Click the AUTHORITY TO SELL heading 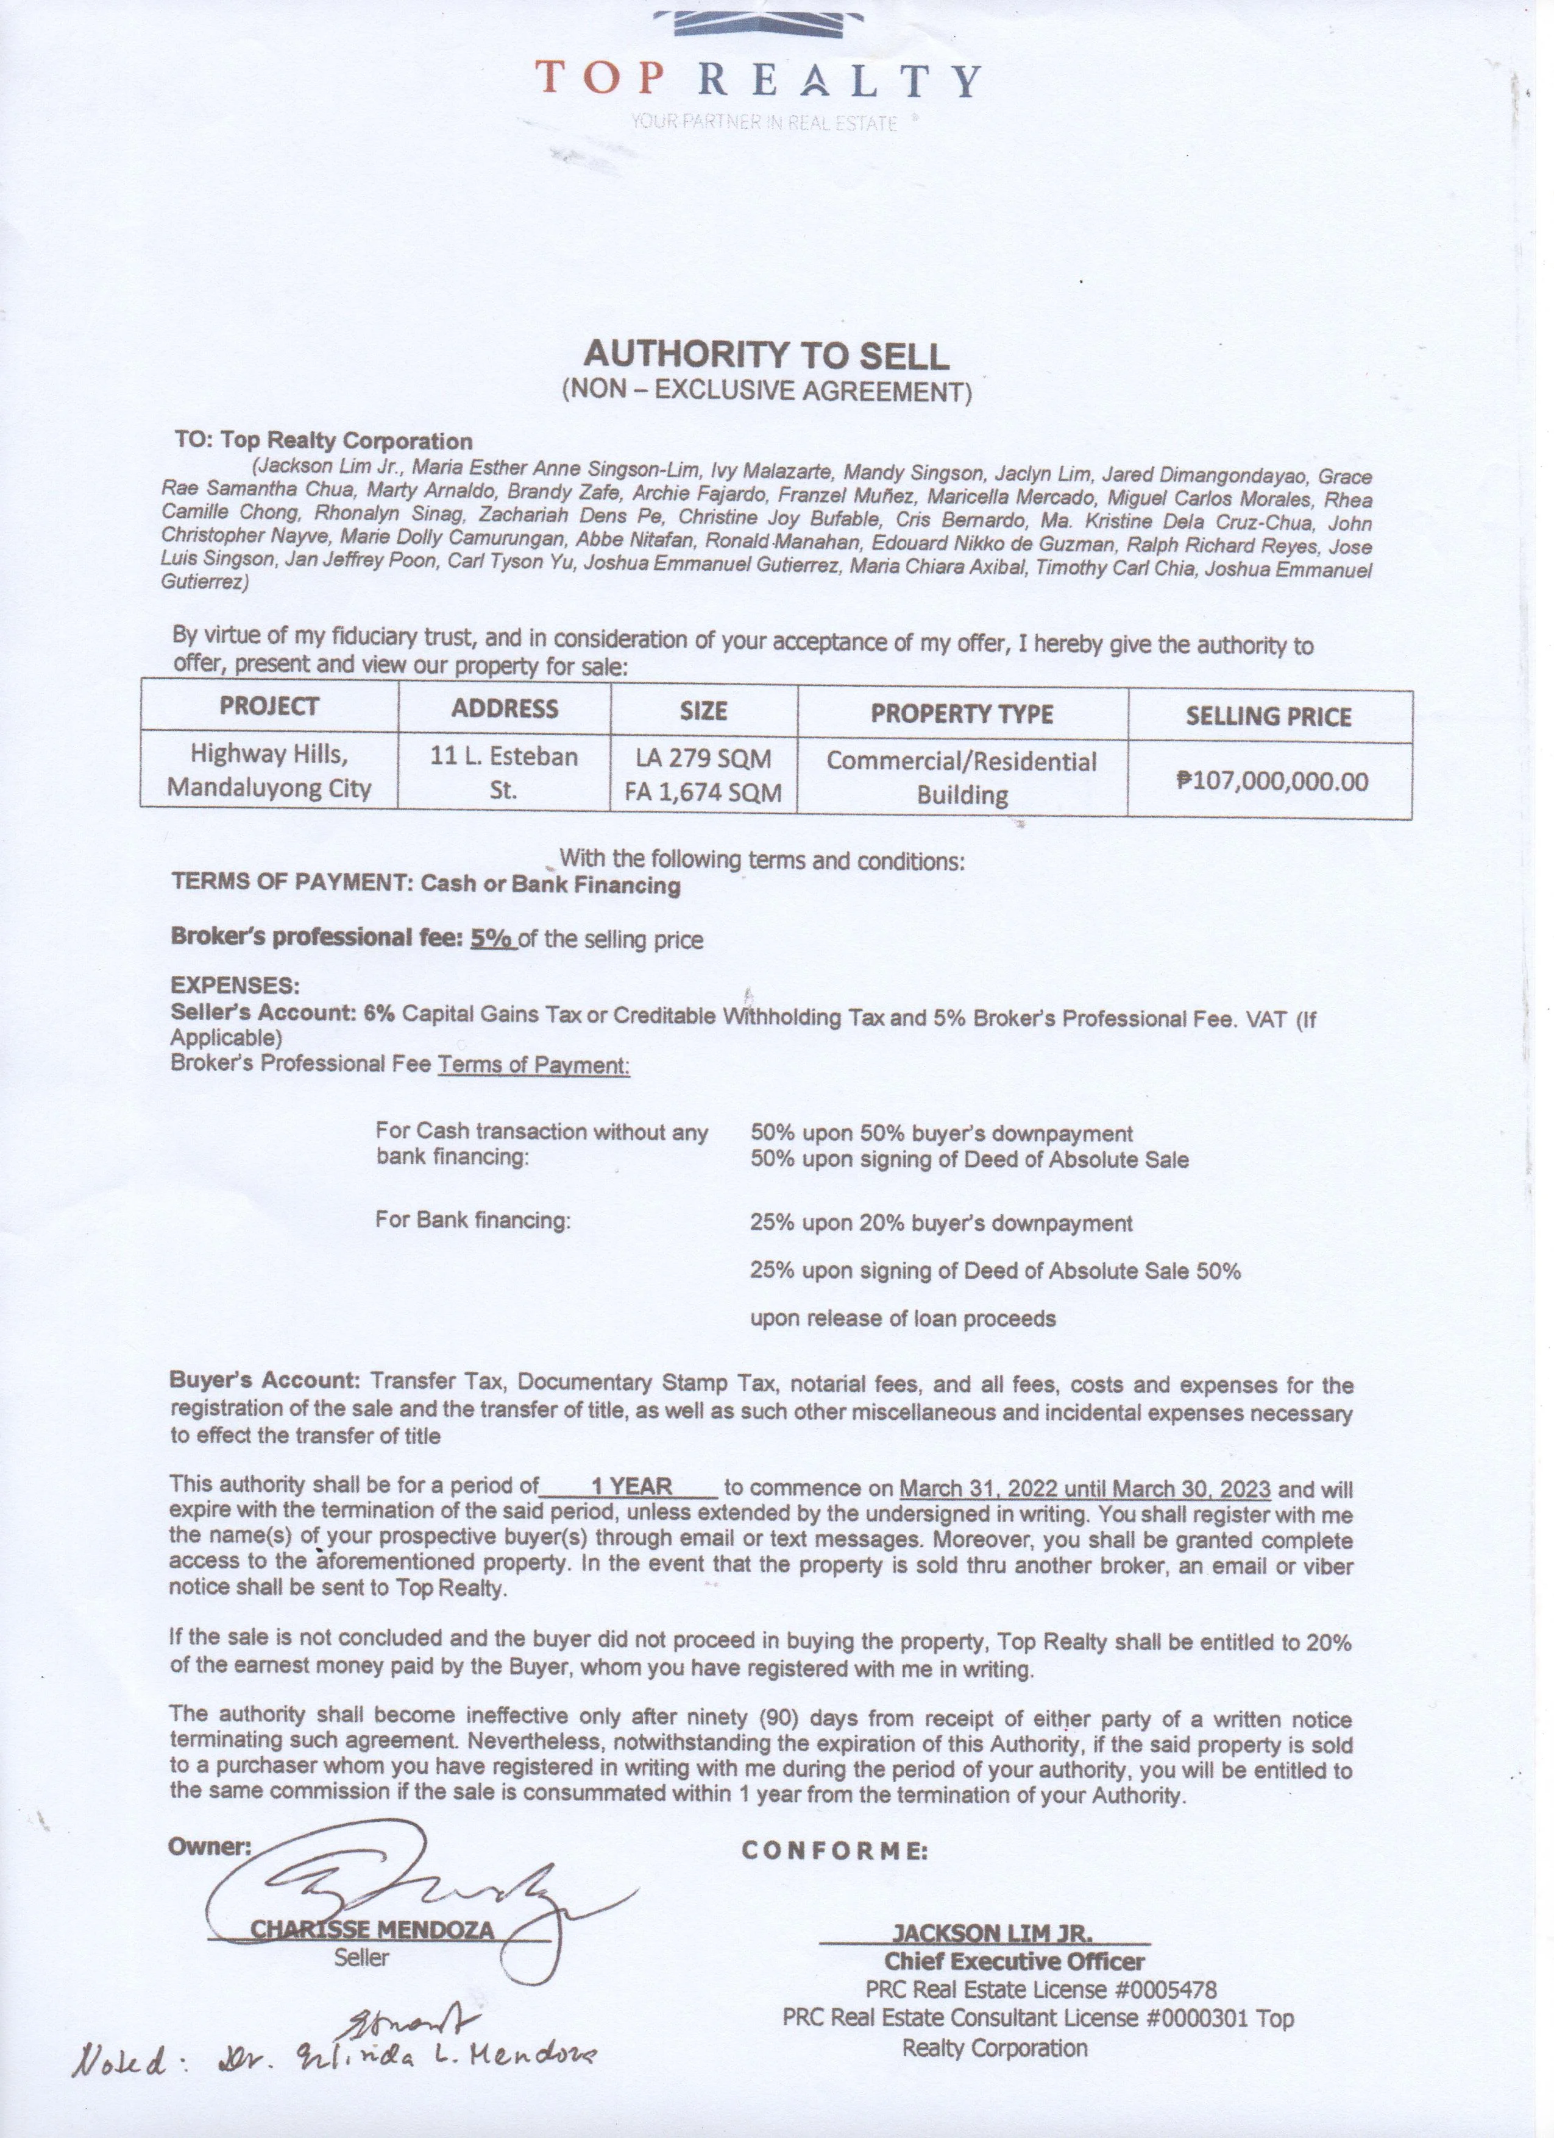pos(765,355)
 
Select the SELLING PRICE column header pos(1268,716)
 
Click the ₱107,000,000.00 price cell pos(1272,780)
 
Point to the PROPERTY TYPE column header pos(961,714)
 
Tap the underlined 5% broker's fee pos(492,939)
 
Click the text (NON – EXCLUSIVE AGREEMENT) pos(765,391)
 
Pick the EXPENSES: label pos(235,986)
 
